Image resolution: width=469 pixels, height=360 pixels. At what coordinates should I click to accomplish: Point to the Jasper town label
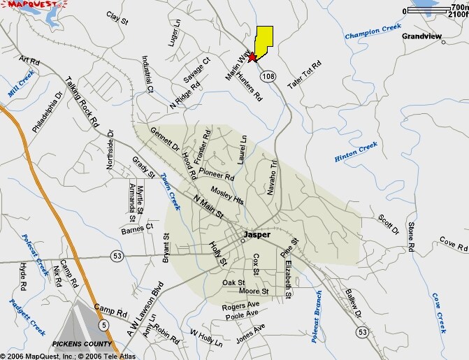coord(257,235)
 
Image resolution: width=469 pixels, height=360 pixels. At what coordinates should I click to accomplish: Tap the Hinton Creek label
coord(356,151)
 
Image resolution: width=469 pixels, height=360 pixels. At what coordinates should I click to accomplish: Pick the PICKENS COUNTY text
coord(82,344)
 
